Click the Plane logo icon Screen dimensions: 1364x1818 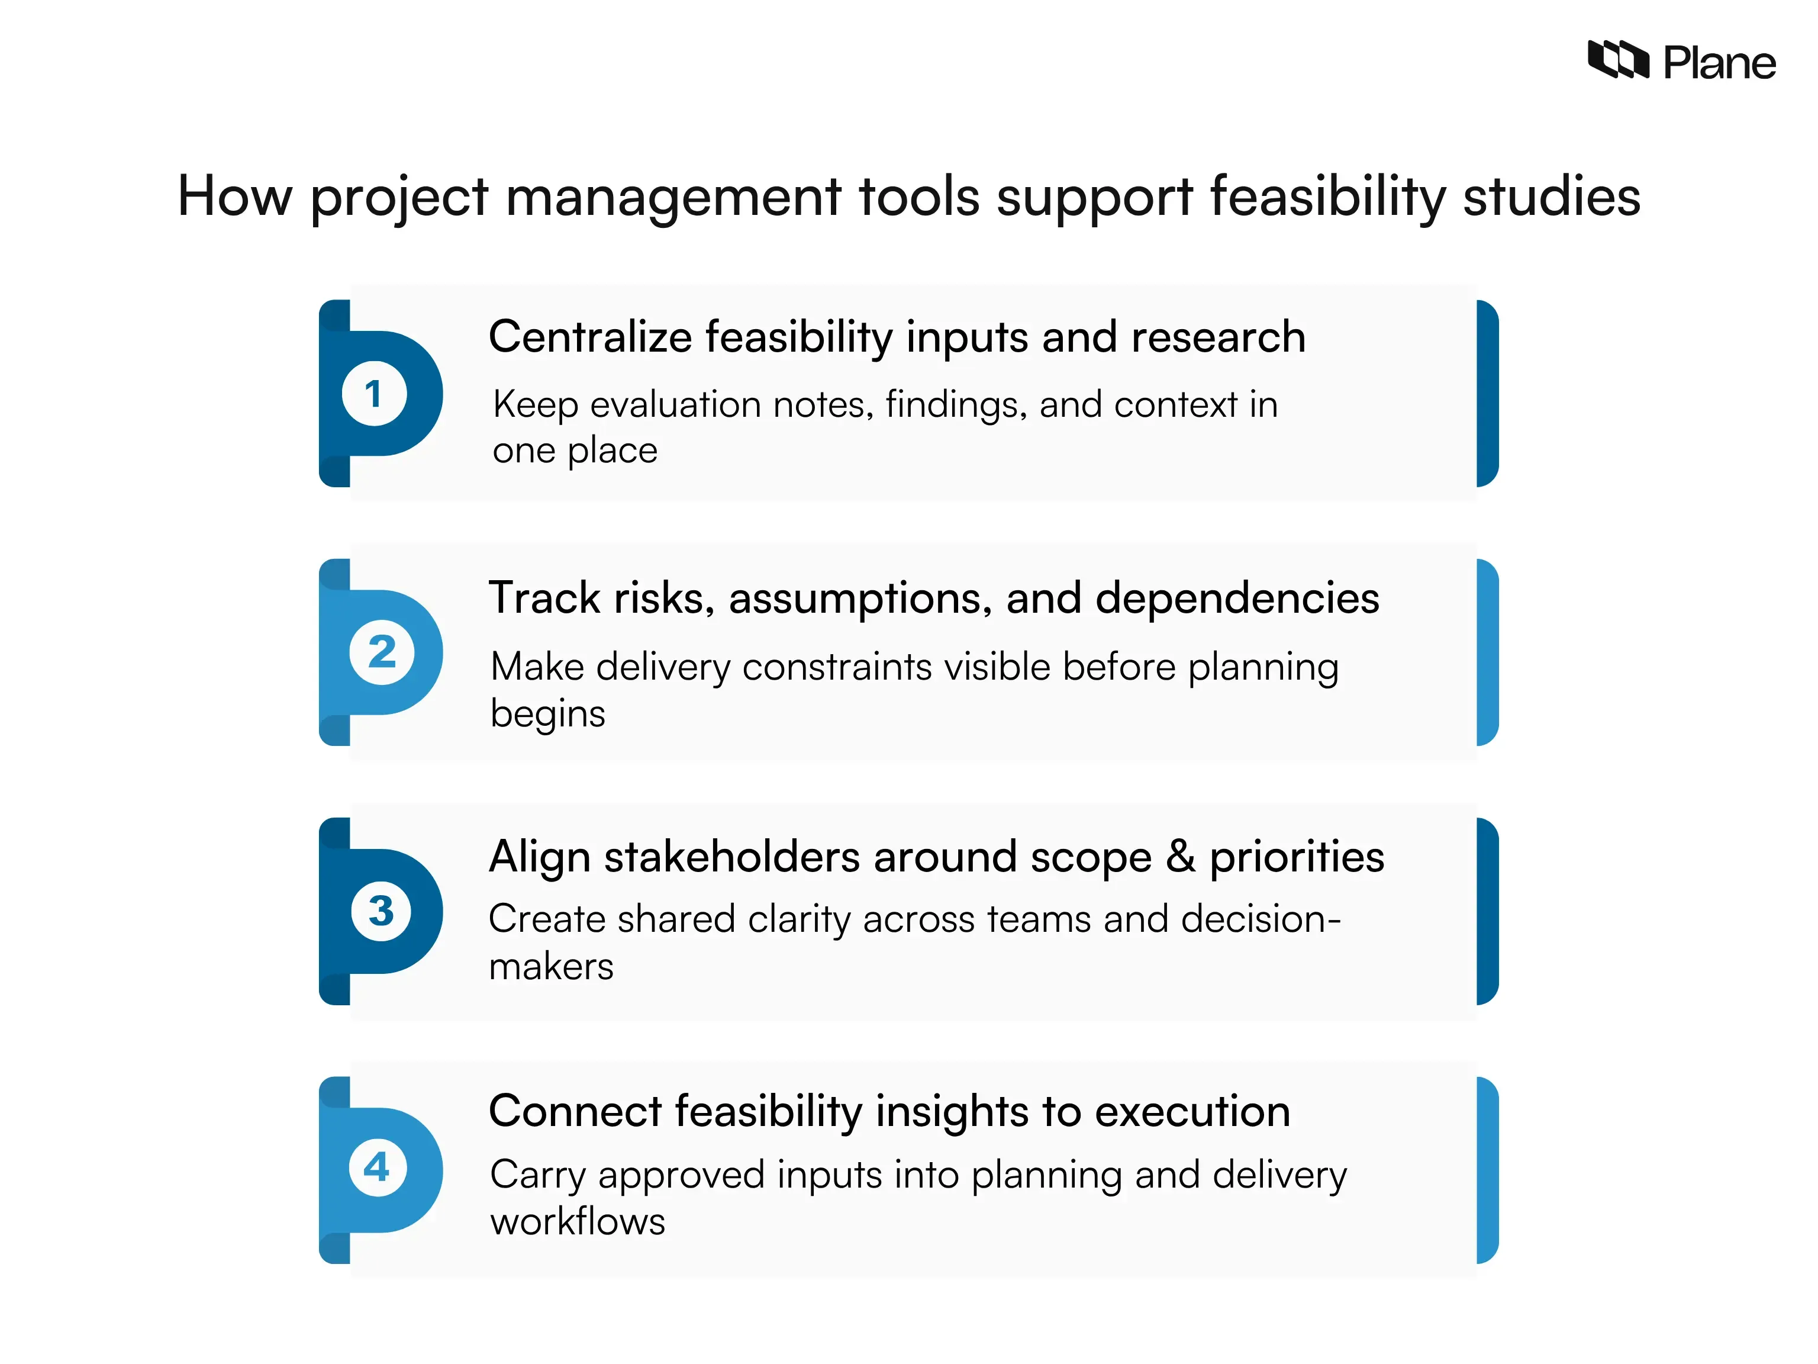pos(1617,60)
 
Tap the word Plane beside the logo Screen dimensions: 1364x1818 pos(1719,63)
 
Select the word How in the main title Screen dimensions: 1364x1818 pos(234,197)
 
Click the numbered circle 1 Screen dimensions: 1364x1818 pos(374,394)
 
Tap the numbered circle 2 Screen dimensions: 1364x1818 pos(381,653)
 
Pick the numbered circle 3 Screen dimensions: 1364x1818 pos(381,911)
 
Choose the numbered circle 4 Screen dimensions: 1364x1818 pos(377,1167)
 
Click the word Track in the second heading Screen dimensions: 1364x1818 pos(543,598)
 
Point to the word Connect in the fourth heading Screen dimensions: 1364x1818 pos(575,1112)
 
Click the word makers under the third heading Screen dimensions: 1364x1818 pos(550,967)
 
